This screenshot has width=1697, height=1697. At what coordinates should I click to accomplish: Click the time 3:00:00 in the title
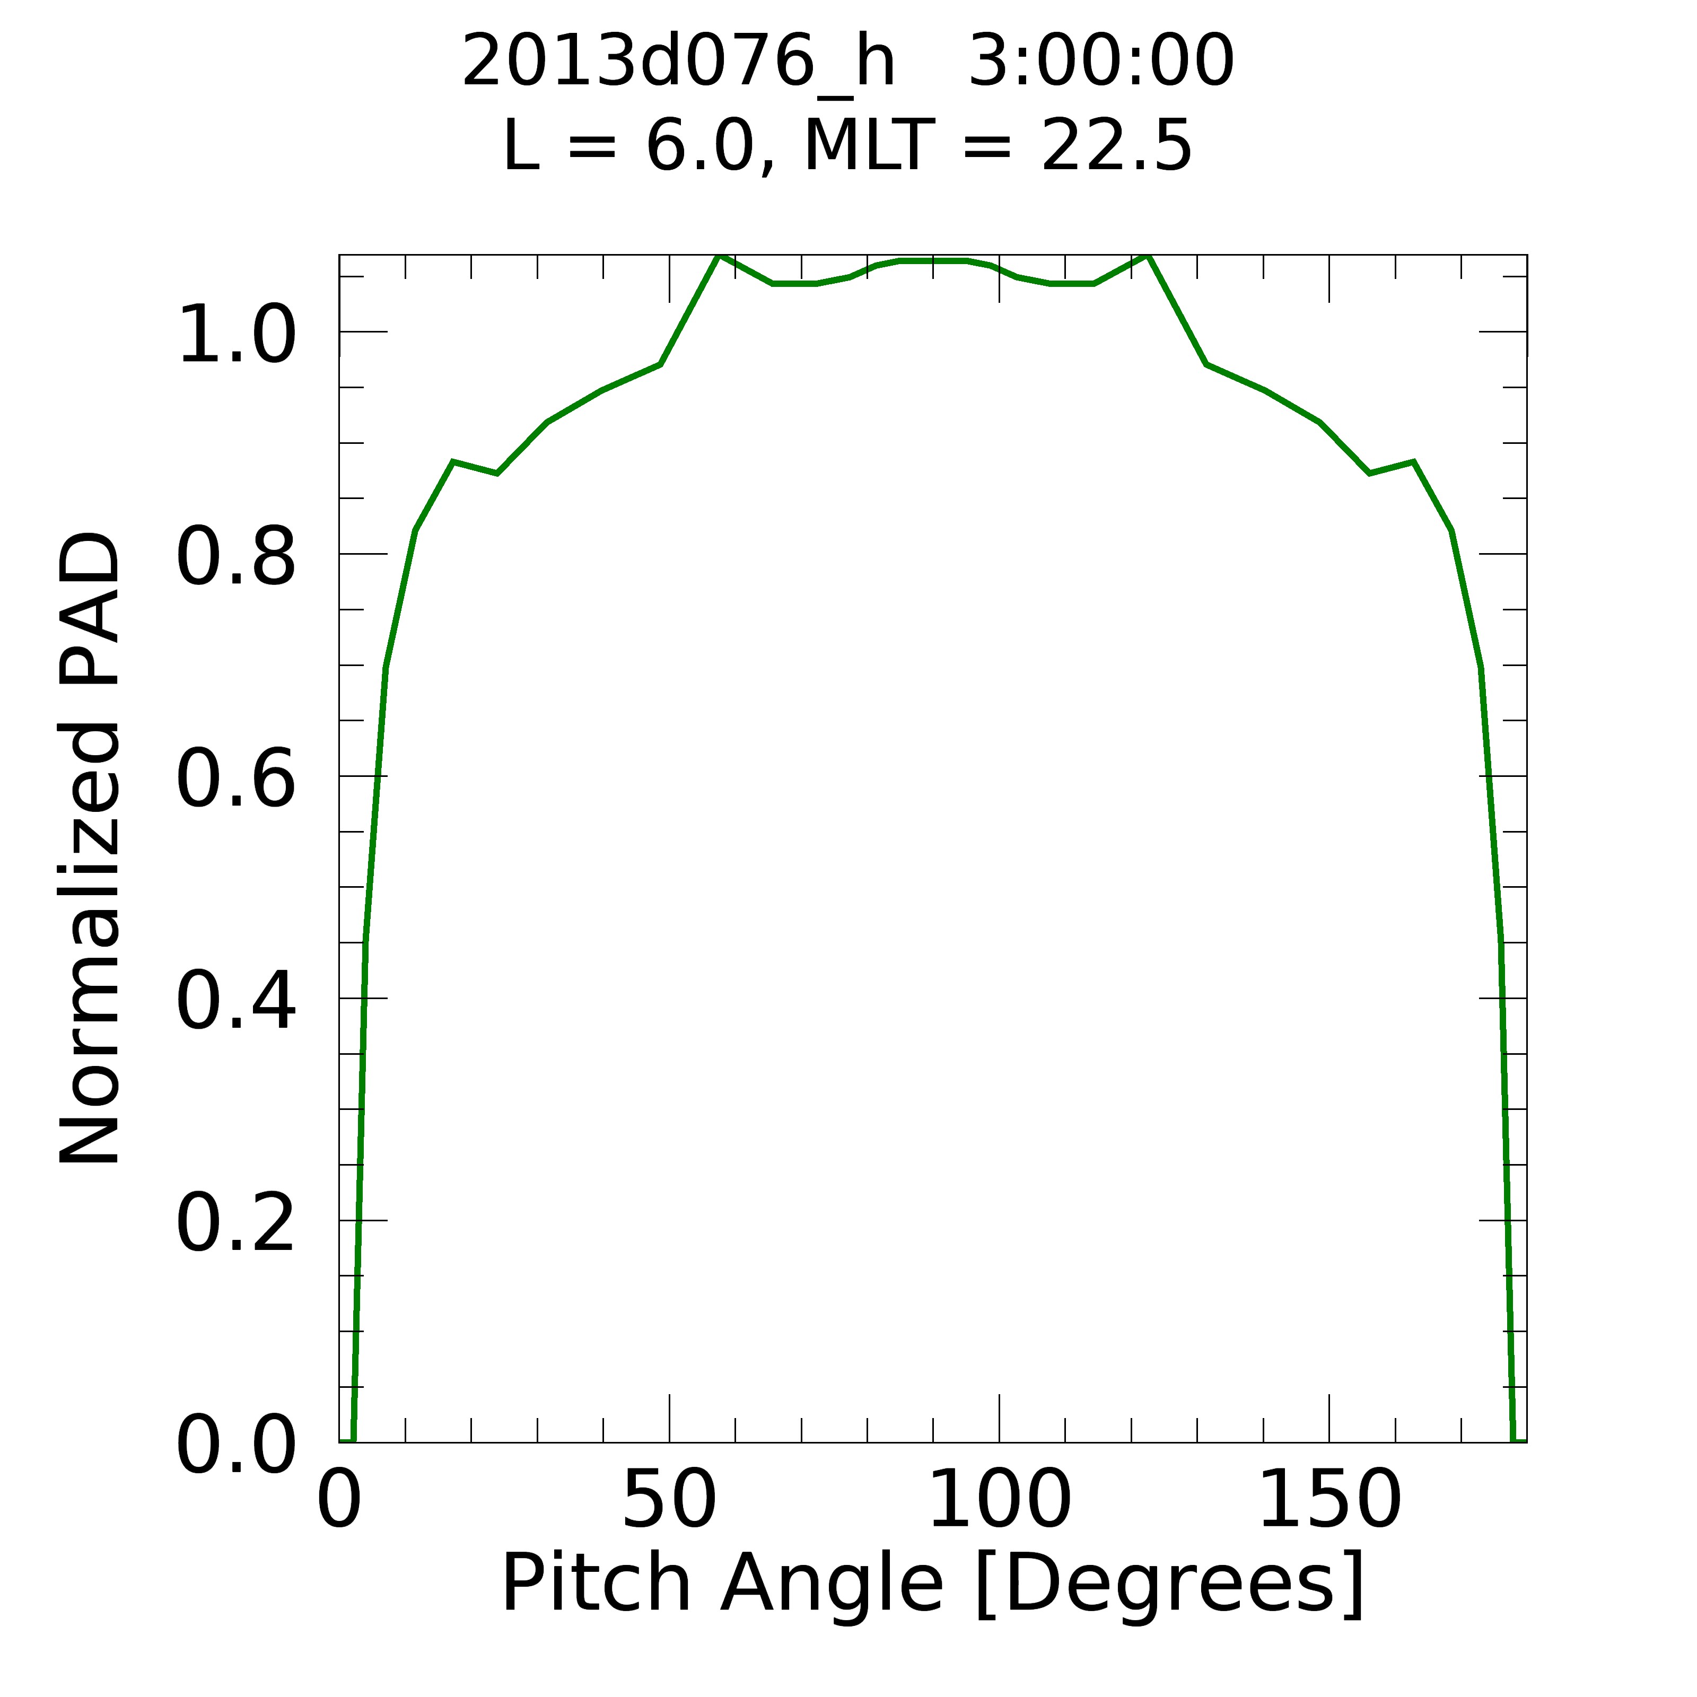pos(1100,62)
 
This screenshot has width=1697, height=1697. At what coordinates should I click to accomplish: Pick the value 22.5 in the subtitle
pos(1116,146)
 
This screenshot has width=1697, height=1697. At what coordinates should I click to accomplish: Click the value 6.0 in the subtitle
pos(700,146)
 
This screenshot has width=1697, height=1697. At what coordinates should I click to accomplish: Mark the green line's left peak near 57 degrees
pos(719,257)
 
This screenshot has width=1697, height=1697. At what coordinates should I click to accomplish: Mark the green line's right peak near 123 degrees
pos(1148,257)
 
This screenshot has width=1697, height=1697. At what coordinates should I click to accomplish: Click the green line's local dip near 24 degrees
pos(497,474)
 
